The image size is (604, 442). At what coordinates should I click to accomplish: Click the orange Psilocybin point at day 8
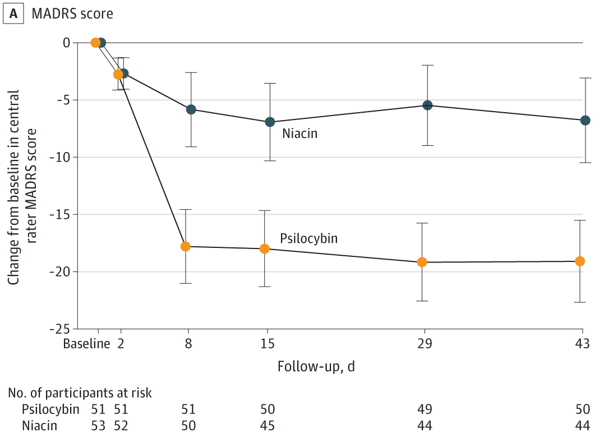tap(186, 246)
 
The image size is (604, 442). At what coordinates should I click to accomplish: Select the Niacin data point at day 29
tap(427, 105)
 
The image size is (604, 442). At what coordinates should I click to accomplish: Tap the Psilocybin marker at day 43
tap(580, 261)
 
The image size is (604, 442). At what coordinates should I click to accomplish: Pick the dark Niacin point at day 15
tap(270, 122)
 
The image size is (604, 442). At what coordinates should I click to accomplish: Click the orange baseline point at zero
tap(95, 43)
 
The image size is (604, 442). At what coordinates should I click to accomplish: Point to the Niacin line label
tap(300, 134)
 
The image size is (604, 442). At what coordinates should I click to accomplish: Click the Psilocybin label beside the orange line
tap(308, 238)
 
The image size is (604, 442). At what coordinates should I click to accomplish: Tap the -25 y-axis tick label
tap(62, 329)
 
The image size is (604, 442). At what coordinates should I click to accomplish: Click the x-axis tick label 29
tap(425, 344)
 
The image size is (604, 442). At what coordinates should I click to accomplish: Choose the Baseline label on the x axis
tap(86, 344)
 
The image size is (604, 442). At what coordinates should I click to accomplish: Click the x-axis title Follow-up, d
tap(316, 366)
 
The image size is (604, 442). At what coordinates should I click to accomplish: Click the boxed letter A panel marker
tap(13, 14)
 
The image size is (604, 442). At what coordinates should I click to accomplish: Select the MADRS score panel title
tap(72, 14)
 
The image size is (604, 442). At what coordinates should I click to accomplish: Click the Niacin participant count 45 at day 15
tap(267, 426)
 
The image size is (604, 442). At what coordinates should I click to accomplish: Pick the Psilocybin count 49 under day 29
tap(425, 409)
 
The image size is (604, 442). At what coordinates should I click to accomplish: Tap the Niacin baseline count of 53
tap(99, 426)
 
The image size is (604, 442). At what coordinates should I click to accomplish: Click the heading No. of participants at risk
tap(80, 393)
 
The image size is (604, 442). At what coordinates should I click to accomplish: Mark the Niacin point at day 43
tap(585, 120)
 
